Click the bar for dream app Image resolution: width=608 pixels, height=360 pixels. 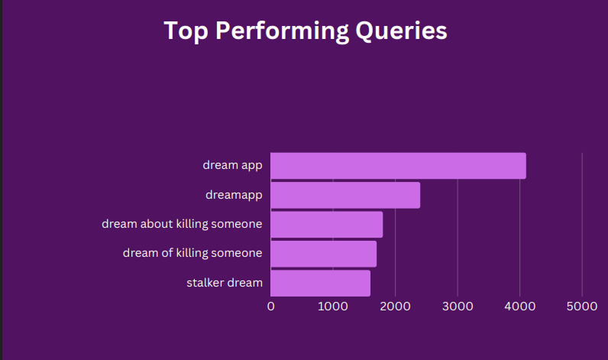398,166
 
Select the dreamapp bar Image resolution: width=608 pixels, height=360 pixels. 345,195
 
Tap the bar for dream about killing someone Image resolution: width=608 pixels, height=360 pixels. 326,225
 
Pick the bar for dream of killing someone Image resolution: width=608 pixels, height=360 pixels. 323,254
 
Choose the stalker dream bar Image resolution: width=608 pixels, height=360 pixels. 320,284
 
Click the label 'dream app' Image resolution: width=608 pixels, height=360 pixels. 232,166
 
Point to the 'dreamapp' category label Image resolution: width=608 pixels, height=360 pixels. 234,195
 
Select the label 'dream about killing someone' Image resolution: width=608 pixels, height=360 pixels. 182,224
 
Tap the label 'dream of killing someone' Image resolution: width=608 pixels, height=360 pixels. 192,253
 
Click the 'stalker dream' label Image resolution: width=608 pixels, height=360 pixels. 225,283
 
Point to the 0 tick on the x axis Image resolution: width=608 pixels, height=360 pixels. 270,306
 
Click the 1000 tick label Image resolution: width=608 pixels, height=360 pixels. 333,306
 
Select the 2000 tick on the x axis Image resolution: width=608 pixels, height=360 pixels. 395,306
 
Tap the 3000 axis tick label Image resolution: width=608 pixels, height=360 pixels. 458,306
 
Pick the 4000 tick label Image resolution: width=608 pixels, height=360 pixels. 520,306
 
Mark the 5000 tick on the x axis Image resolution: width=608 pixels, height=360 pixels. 582,306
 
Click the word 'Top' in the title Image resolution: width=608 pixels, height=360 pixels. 186,31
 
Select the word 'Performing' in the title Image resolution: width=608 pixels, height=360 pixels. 282,31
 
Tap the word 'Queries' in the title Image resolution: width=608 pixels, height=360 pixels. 401,31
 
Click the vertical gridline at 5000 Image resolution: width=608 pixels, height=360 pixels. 582,225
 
